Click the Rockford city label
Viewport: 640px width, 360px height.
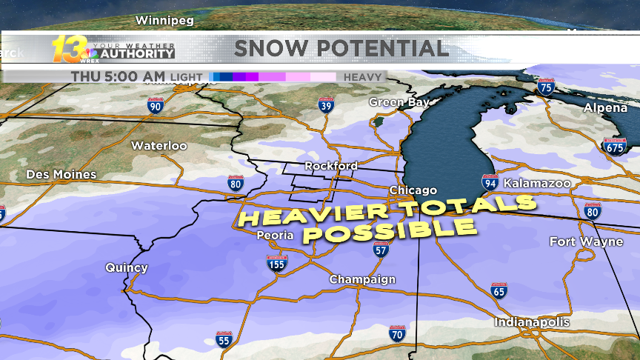point(331,165)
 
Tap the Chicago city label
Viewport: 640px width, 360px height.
point(413,190)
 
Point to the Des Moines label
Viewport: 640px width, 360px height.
point(61,175)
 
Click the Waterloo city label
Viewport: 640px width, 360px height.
point(159,146)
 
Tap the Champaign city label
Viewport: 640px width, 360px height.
point(362,279)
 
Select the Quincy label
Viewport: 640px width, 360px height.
point(127,267)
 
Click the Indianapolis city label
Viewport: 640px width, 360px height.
point(533,322)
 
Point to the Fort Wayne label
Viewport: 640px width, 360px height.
point(581,242)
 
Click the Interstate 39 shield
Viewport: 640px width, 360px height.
point(325,106)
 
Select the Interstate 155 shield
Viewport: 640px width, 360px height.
point(277,262)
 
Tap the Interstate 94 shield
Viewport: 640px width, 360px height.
point(490,182)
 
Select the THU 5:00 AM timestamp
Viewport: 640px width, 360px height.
point(118,76)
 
